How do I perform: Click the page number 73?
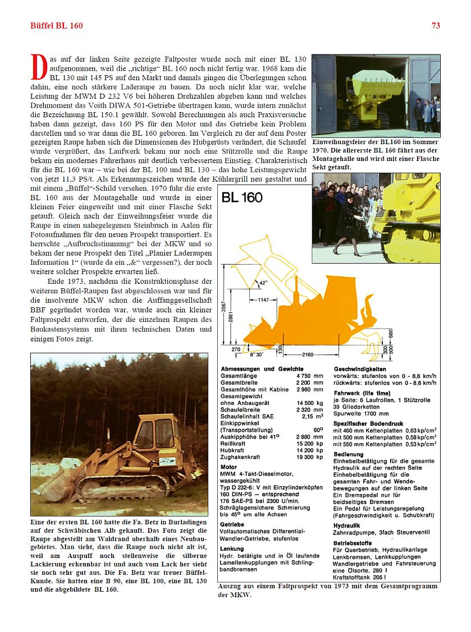pyautogui.click(x=436, y=25)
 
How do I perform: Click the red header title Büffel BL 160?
pyautogui.click(x=56, y=25)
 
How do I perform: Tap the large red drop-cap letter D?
pyautogui.click(x=38, y=67)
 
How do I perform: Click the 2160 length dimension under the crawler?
pyautogui.click(x=308, y=355)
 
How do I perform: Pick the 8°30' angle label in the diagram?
pyautogui.click(x=257, y=355)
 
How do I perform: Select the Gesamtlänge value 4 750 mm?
pyautogui.click(x=310, y=375)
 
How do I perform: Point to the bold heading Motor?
pyautogui.click(x=228, y=467)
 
